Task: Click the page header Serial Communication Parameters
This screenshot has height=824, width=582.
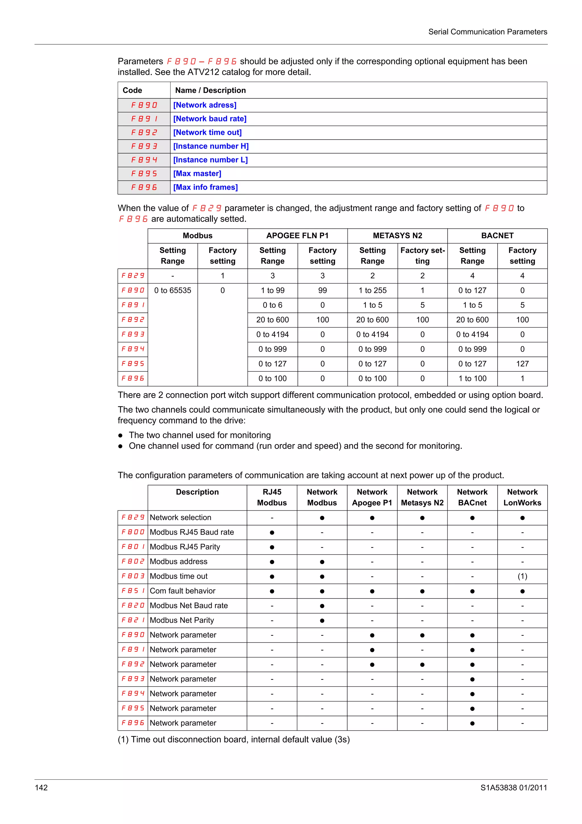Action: (x=487, y=32)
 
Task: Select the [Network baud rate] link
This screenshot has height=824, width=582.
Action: (x=210, y=119)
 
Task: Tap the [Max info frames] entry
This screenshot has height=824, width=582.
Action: (x=205, y=187)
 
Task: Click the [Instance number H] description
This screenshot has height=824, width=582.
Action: (x=211, y=146)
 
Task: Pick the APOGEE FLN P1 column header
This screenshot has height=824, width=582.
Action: (x=297, y=236)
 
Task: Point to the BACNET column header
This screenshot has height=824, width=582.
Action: (x=497, y=236)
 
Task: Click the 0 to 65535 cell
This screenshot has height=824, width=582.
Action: (x=172, y=290)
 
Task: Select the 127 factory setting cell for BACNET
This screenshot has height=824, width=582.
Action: (x=522, y=364)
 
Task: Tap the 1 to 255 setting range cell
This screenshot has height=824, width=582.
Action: (x=372, y=290)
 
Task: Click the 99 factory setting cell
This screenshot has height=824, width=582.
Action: (x=322, y=290)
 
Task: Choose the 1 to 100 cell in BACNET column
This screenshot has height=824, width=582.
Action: (x=472, y=379)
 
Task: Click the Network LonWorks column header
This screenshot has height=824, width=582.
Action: (x=522, y=497)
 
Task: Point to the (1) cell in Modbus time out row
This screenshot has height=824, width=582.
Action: (x=522, y=576)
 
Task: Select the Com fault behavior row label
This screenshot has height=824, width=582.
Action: (x=182, y=591)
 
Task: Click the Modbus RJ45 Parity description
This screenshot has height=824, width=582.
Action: (x=185, y=547)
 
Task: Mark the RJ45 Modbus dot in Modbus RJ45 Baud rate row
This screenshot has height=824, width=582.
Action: (x=272, y=533)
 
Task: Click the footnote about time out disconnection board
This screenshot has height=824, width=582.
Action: (x=233, y=740)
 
